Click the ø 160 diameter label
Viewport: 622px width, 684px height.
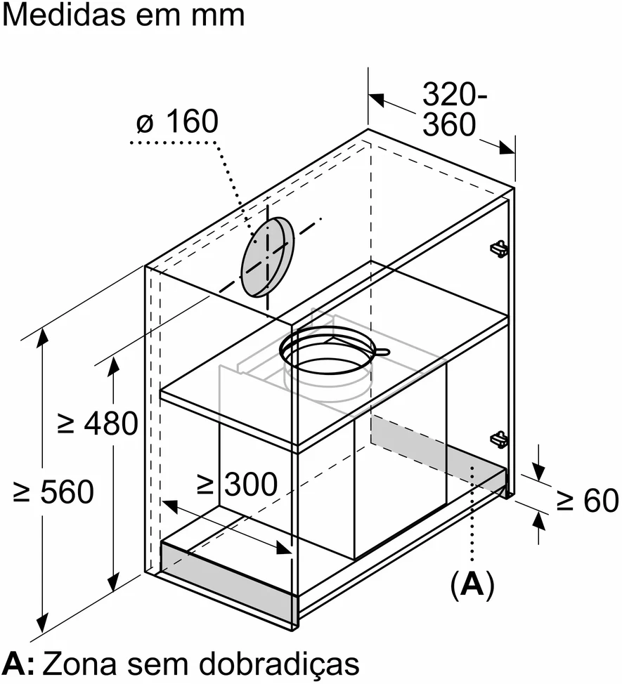tap(177, 121)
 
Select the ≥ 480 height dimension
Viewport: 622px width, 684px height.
tap(98, 423)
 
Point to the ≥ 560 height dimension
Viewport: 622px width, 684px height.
tap(53, 491)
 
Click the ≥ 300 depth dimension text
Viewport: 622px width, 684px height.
tap(237, 484)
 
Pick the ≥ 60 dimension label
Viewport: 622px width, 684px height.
tap(588, 500)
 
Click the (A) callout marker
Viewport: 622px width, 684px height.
tap(472, 584)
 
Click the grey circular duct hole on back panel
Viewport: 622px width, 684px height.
tap(267, 257)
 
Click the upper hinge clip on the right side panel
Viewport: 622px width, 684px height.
tap(499, 248)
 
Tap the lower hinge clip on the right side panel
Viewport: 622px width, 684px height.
tap(499, 438)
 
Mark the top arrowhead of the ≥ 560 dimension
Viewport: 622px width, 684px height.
tap(43, 338)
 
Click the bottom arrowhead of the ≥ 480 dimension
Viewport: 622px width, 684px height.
tap(113, 582)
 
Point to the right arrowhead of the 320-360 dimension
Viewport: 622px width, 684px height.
tap(507, 148)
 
